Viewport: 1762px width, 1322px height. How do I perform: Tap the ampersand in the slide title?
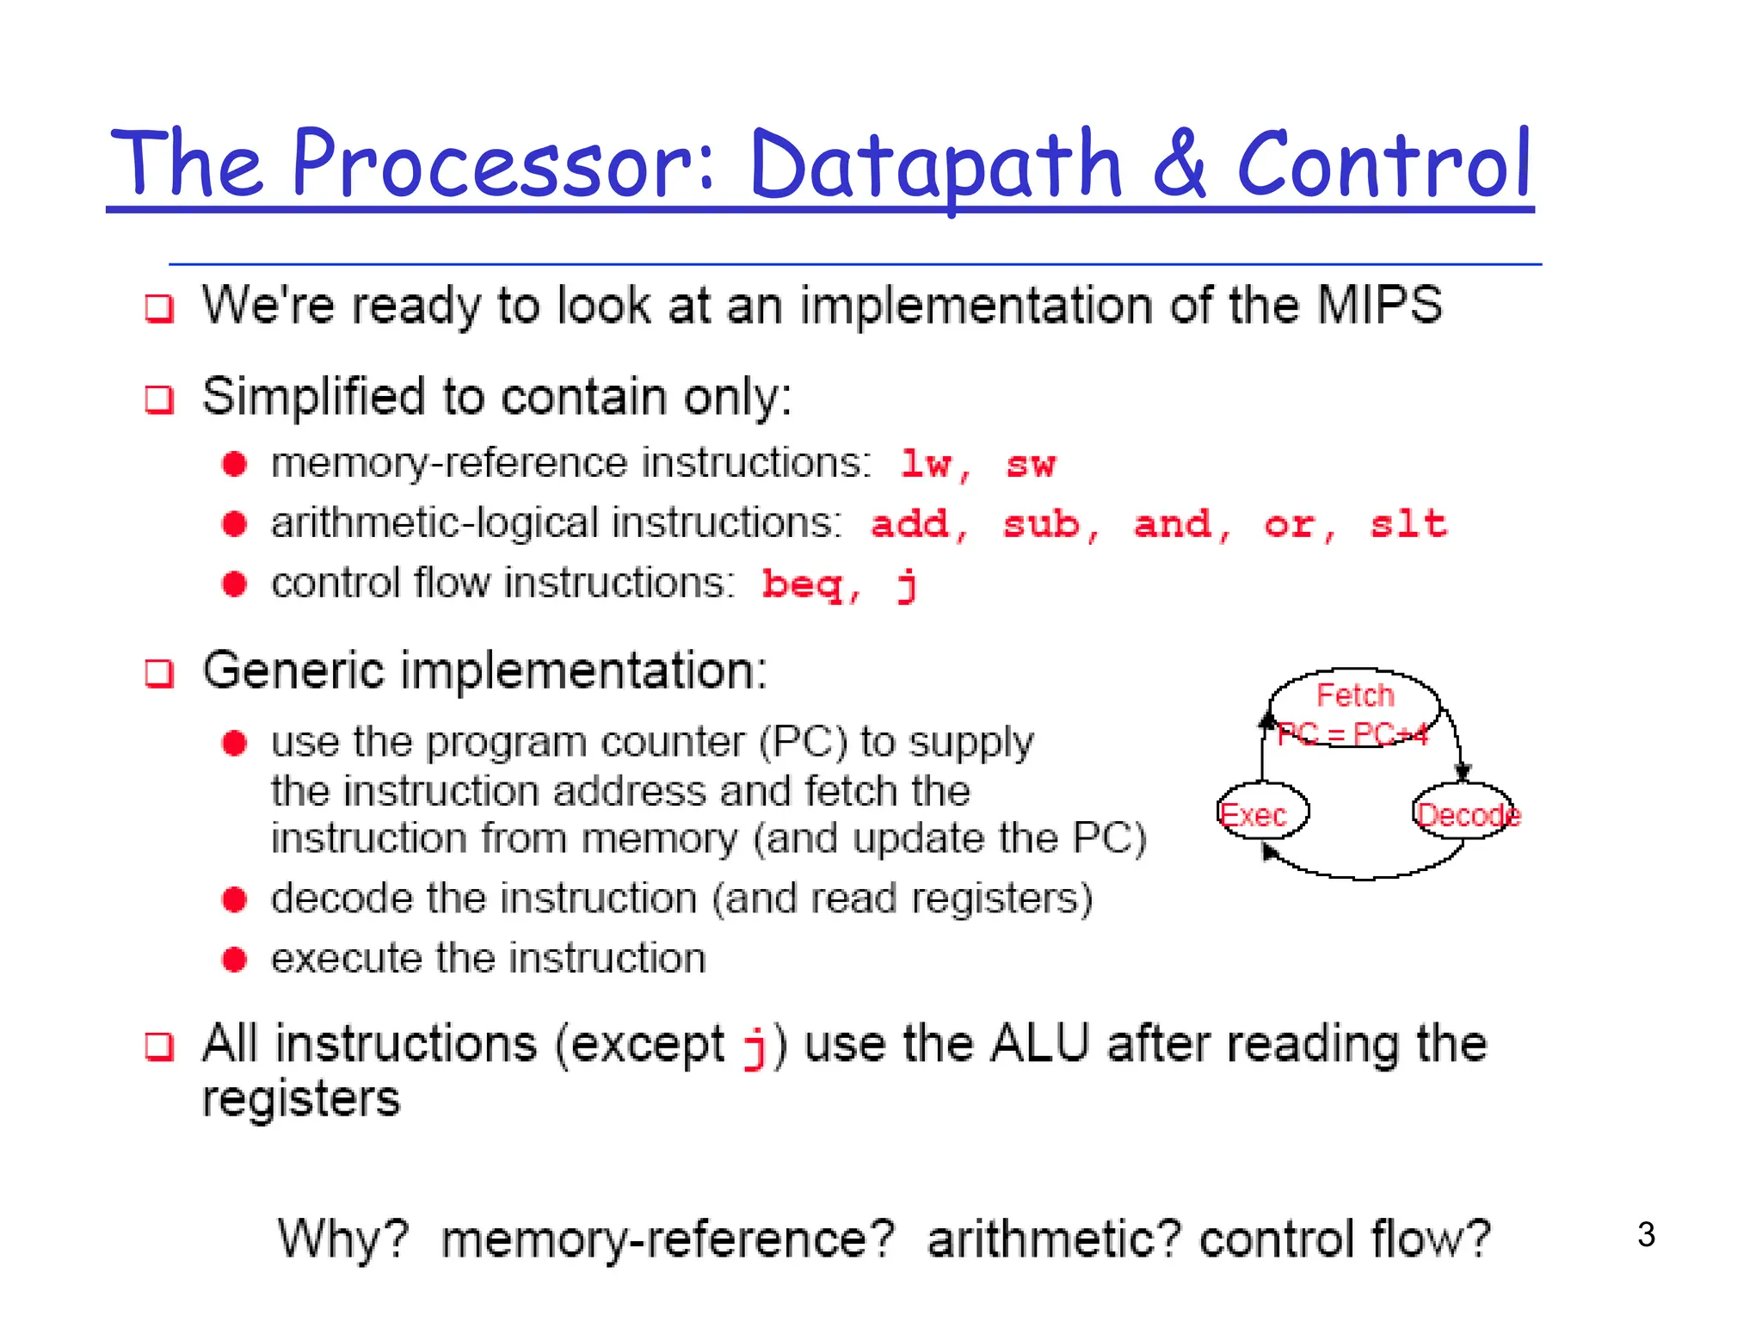pyautogui.click(x=1180, y=164)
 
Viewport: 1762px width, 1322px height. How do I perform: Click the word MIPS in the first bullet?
pyautogui.click(x=1379, y=306)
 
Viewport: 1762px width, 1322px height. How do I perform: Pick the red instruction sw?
pyautogui.click(x=1030, y=466)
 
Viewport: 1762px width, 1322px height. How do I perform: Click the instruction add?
pyautogui.click(x=910, y=524)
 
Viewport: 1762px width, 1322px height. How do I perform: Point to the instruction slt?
pyautogui.click(x=1408, y=524)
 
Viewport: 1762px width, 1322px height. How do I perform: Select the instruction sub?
pyautogui.click(x=1041, y=524)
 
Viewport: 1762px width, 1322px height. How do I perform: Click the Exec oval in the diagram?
pyautogui.click(x=1262, y=812)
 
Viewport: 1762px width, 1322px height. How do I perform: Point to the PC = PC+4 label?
pyautogui.click(x=1352, y=735)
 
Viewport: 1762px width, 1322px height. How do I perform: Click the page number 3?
pyautogui.click(x=1646, y=1235)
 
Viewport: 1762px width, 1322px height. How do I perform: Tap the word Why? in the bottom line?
pyautogui.click(x=343, y=1240)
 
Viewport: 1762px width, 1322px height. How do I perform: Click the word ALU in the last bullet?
pyautogui.click(x=1040, y=1044)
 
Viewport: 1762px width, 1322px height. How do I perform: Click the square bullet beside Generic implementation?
pyautogui.click(x=159, y=673)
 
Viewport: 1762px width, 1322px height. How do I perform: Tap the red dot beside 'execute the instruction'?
pyautogui.click(x=234, y=959)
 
